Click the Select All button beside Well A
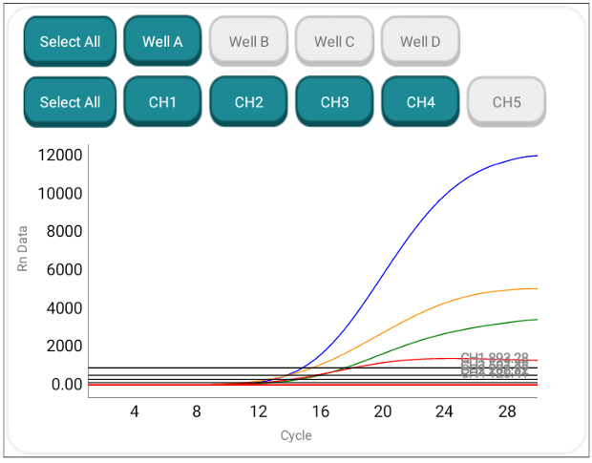pyautogui.click(x=70, y=41)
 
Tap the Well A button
pyautogui.click(x=162, y=41)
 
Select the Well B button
pyautogui.click(x=248, y=41)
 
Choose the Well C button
pyautogui.click(x=334, y=41)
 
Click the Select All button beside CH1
pyautogui.click(x=70, y=101)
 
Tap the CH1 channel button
pyautogui.click(x=162, y=101)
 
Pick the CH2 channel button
pyautogui.click(x=248, y=101)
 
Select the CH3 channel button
pyautogui.click(x=334, y=101)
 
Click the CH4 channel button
pyautogui.click(x=420, y=101)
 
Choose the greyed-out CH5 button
pyautogui.click(x=506, y=101)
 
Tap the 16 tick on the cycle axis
pyautogui.click(x=320, y=411)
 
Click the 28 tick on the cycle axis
pyautogui.click(x=506, y=411)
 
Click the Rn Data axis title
pyautogui.click(x=23, y=248)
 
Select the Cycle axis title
pyautogui.click(x=296, y=435)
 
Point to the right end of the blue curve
pyautogui.click(x=537, y=156)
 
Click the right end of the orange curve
pyautogui.click(x=537, y=288)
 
